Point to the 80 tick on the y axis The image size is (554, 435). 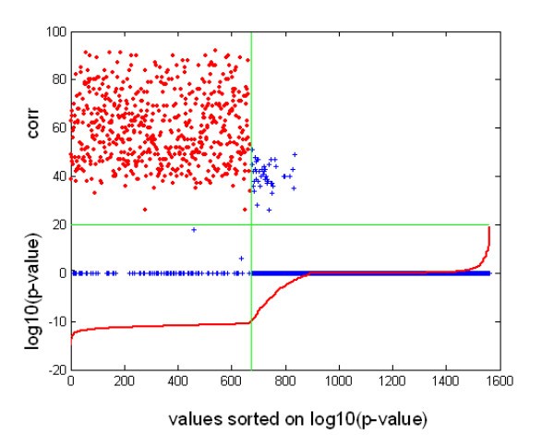pos(58,80)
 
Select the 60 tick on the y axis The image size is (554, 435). pos(58,128)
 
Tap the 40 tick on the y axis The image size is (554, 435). pos(58,176)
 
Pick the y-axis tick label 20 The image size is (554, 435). pos(58,224)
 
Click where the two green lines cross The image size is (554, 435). pos(251,224)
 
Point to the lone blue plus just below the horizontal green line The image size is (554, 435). pos(194,229)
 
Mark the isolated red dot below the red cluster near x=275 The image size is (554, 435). pos(145,210)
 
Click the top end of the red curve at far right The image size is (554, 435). pos(488,227)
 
